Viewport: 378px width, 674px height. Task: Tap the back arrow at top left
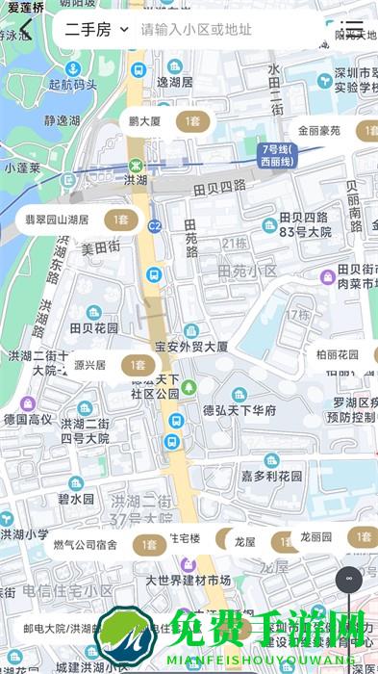25,30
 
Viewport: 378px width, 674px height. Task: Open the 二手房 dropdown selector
96,30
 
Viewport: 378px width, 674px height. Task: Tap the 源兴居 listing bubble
110,366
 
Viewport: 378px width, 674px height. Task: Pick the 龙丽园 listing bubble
333,537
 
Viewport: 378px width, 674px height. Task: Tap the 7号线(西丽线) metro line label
278,155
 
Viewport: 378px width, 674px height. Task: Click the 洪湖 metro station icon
137,164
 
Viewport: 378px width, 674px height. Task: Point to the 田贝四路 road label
219,185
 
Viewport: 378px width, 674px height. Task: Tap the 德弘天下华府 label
239,410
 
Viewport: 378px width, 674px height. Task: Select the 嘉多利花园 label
270,476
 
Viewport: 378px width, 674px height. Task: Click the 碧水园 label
76,499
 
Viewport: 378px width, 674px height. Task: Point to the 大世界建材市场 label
188,580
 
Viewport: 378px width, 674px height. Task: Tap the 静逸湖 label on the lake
63,120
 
